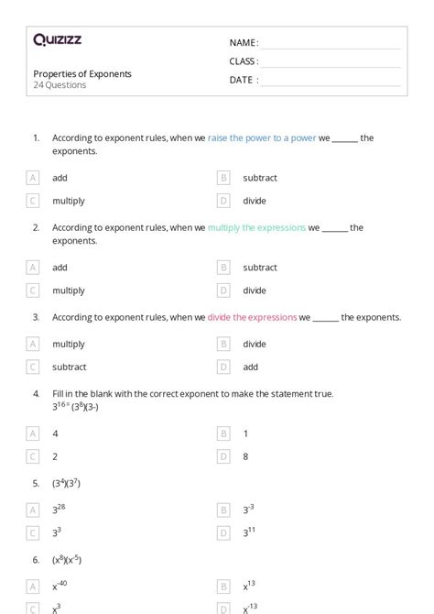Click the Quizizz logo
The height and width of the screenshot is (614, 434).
tap(57, 39)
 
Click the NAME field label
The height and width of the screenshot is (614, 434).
tap(244, 43)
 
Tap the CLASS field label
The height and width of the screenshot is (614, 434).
tap(244, 61)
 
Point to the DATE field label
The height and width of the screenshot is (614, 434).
tap(244, 80)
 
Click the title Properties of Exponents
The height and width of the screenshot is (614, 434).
tap(82, 73)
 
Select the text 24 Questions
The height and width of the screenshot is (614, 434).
tap(60, 85)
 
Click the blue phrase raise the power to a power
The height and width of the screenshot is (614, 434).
tap(262, 138)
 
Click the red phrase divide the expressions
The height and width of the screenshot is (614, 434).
tap(252, 317)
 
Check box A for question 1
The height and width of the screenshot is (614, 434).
tap(33, 178)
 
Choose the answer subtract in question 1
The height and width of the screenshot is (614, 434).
tap(259, 178)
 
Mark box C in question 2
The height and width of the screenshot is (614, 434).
tap(33, 291)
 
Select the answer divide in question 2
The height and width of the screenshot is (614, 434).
tap(255, 291)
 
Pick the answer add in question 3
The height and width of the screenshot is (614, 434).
tap(250, 367)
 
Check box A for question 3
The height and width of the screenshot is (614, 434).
tap(33, 344)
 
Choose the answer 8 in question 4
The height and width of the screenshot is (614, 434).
tap(245, 455)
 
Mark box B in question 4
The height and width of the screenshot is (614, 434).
tap(222, 433)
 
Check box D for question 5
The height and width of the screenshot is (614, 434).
tap(222, 532)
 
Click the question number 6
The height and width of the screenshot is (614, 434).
tap(36, 559)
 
